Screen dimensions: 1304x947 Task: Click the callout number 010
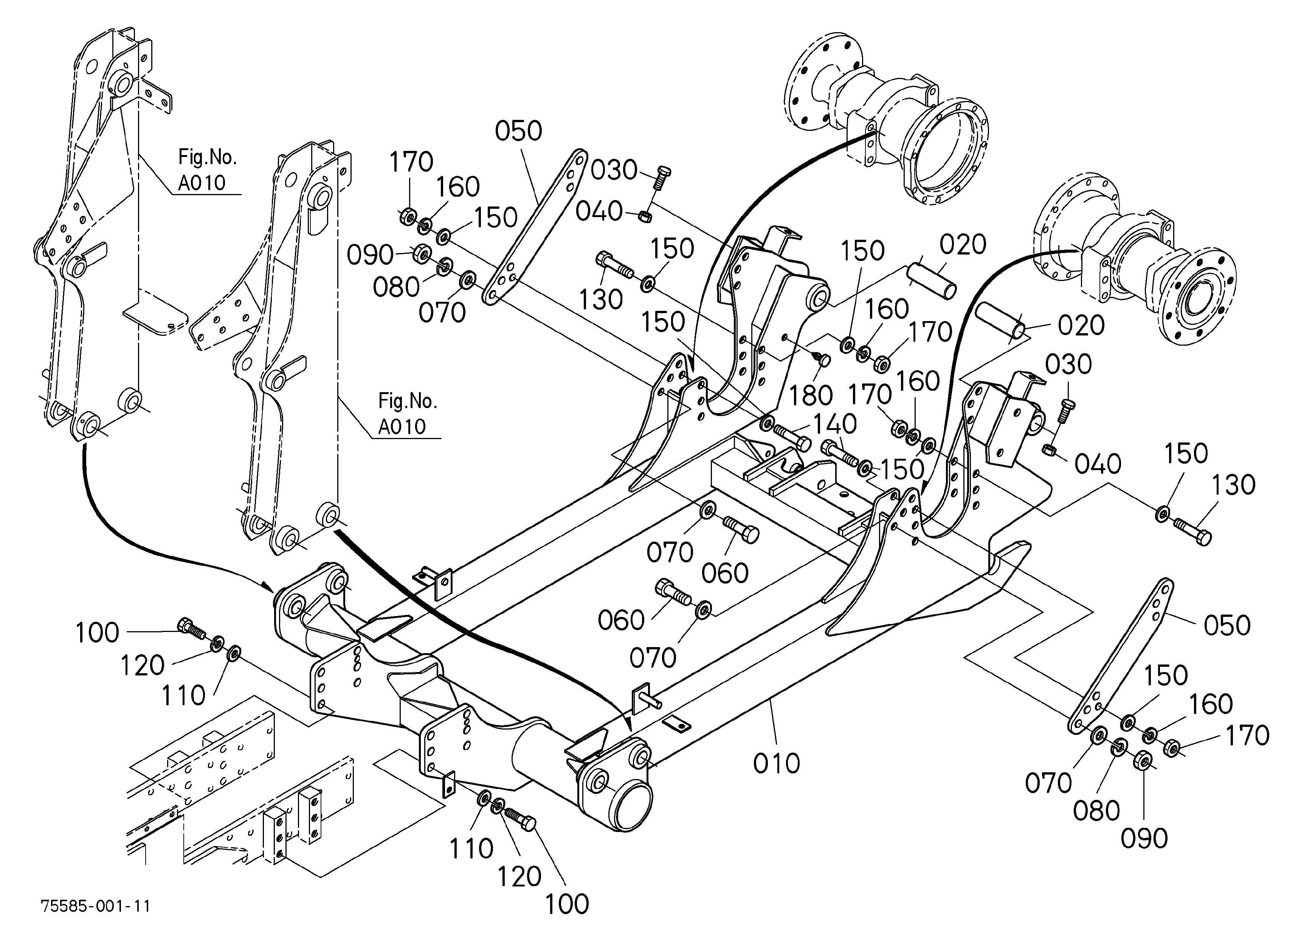tap(776, 764)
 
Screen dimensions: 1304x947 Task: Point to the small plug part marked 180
tap(823, 359)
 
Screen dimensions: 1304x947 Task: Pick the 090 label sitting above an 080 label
tap(370, 255)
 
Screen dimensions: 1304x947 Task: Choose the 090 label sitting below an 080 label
tap(1144, 839)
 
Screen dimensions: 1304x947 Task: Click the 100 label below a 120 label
tap(567, 904)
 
